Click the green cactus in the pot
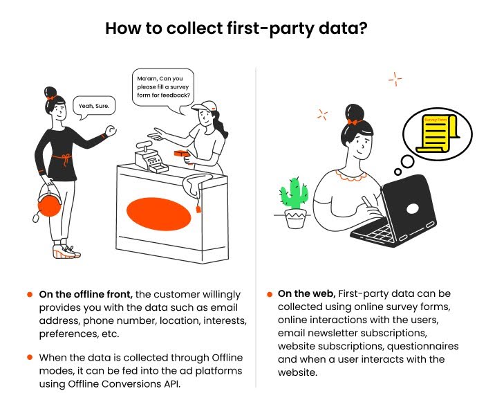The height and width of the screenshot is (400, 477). pyautogui.click(x=296, y=194)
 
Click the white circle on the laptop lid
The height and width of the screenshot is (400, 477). pyautogui.click(x=412, y=208)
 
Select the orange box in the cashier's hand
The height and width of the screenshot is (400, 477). pyautogui.click(x=182, y=154)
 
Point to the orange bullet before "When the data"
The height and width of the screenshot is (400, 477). pyautogui.click(x=30, y=356)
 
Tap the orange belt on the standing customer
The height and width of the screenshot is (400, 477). pyautogui.click(x=64, y=158)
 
